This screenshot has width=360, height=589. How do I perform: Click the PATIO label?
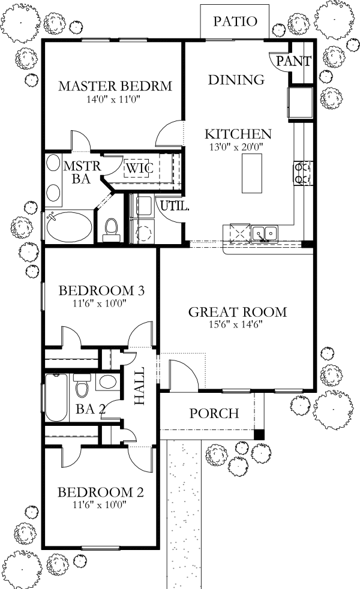coord(235,22)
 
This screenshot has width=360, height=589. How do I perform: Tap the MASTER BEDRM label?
coord(115,86)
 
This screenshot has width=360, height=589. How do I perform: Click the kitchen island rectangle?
coord(252,173)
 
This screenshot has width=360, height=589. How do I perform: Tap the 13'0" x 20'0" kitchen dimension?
coord(238,146)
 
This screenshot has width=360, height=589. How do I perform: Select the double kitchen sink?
coord(265,232)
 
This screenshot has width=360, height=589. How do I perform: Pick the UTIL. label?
coord(175,207)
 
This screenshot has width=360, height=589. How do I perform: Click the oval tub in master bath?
coord(70,227)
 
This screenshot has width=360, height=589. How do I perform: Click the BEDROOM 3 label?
coord(101,291)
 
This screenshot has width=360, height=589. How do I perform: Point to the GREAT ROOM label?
coord(237,312)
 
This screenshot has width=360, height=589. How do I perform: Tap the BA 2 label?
coord(91,410)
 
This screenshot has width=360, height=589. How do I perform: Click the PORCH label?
coord(214,413)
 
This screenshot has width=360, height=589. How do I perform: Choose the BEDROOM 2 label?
coord(100,492)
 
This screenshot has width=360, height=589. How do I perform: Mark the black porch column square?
coord(259,434)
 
